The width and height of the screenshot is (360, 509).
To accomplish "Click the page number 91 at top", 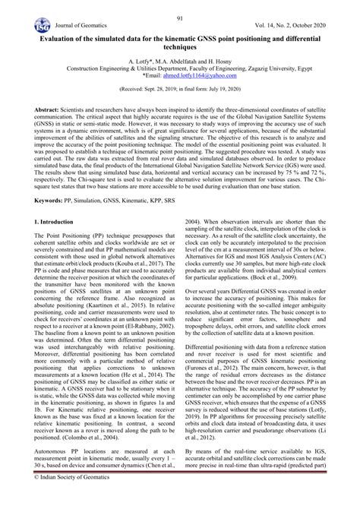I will click(x=180, y=18).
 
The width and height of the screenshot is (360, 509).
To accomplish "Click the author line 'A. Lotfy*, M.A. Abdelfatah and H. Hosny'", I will click(x=180, y=59).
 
